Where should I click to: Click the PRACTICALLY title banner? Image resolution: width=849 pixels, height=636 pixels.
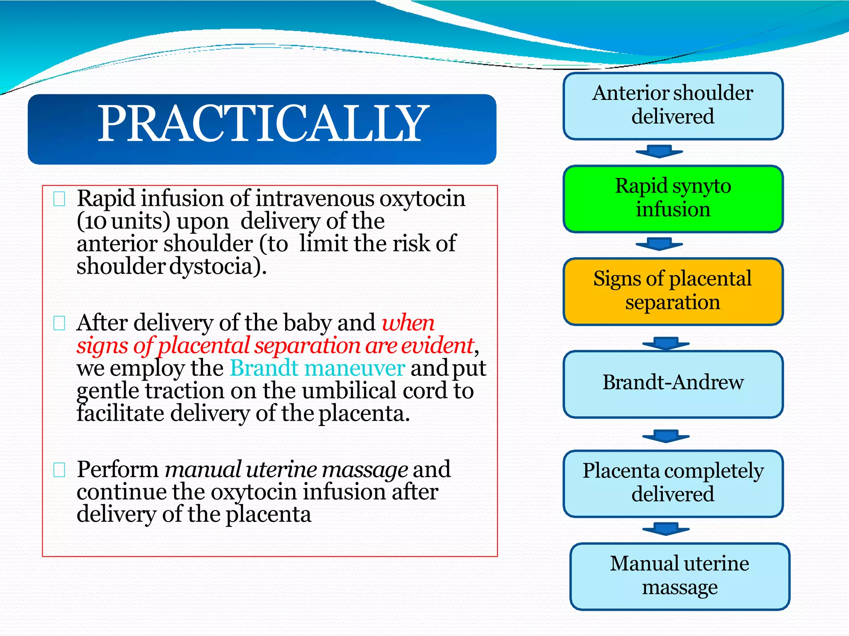[262, 129]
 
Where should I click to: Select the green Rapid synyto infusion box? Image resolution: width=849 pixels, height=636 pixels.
[673, 198]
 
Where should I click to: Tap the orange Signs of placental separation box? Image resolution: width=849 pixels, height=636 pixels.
[673, 291]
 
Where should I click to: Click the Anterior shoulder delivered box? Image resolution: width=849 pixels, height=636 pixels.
[673, 106]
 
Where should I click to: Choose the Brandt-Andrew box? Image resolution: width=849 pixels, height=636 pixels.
[673, 383]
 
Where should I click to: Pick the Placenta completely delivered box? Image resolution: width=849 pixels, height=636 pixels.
[673, 483]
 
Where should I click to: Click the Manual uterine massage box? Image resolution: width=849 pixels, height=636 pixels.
[679, 576]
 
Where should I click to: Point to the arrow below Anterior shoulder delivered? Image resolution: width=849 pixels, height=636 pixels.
[659, 152]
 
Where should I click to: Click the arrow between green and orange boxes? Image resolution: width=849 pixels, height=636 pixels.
[659, 244]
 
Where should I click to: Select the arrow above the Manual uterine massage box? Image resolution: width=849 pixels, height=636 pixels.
[666, 529]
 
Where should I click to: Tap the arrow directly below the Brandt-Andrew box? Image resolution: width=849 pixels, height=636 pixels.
[666, 436]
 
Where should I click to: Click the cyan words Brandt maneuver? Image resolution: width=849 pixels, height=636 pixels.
[317, 368]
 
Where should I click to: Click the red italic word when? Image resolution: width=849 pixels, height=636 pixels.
[408, 323]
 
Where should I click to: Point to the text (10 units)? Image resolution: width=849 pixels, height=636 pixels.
[124, 222]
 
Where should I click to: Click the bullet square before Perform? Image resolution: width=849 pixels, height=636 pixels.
[59, 470]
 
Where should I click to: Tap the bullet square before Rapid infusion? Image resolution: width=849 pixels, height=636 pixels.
[59, 199]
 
